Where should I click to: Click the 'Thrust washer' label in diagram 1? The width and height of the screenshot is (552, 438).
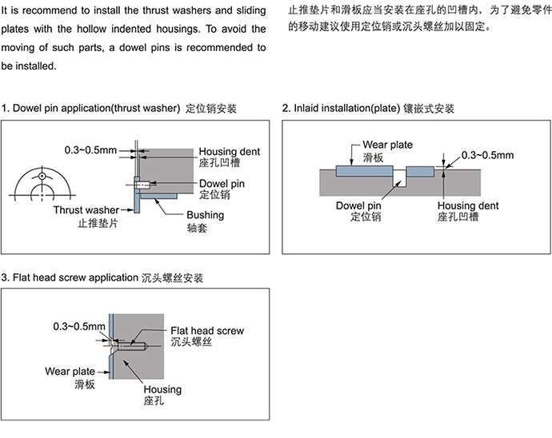[86, 210]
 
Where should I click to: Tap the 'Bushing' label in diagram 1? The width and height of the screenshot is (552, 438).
[206, 215]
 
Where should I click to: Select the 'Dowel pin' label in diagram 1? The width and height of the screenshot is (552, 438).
[222, 183]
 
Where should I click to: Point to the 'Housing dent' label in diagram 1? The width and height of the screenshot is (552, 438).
[229, 151]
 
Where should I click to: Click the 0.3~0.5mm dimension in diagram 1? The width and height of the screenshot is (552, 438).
[90, 150]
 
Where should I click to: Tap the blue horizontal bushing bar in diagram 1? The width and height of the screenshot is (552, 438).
[158, 196]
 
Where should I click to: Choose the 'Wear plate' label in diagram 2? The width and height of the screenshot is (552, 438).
[387, 145]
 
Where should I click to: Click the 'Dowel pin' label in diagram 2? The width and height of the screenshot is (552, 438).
[358, 205]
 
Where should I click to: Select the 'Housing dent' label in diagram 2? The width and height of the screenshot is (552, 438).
[468, 205]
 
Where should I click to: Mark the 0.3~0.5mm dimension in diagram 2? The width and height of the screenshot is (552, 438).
[487, 155]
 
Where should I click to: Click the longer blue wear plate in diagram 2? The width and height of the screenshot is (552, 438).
[364, 171]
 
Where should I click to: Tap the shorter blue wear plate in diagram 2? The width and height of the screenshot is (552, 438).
[420, 171]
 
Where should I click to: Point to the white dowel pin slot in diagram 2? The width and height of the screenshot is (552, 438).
[399, 178]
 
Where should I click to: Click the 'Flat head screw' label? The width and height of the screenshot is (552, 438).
[207, 331]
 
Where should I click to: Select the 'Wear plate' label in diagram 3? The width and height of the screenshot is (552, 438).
[70, 372]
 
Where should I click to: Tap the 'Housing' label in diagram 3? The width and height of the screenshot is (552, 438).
[162, 389]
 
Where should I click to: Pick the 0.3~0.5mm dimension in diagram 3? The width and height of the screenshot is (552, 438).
[79, 326]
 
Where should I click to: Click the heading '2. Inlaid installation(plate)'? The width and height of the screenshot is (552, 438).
[341, 108]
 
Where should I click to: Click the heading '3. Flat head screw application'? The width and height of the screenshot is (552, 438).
[70, 277]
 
